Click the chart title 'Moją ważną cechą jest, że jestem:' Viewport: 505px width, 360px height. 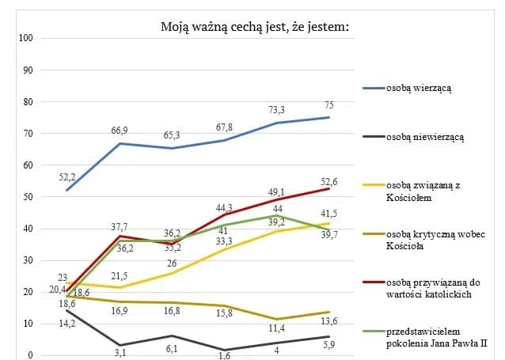point(255,27)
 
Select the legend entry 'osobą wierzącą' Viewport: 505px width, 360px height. point(419,89)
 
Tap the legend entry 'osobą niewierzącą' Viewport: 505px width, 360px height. point(424,137)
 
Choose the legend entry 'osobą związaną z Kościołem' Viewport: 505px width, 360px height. point(424,191)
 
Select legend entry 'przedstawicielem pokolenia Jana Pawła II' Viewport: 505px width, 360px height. point(435,338)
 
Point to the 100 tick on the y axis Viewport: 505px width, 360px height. point(25,38)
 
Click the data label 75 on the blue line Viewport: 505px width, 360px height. point(328,104)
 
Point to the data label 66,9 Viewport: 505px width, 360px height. point(119,130)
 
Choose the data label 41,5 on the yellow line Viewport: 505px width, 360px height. point(328,214)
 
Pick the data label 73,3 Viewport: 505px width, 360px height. point(276,110)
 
